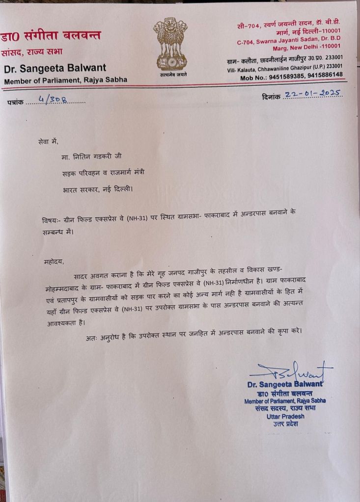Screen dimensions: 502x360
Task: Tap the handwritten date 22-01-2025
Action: coord(313,94)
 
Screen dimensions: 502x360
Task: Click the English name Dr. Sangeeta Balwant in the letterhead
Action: coord(55,68)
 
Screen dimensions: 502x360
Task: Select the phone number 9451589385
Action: coord(286,75)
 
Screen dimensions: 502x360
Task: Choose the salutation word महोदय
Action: coord(54,262)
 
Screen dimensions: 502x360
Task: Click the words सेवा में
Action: coord(48,141)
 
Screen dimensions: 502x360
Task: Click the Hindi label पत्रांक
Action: coord(15,102)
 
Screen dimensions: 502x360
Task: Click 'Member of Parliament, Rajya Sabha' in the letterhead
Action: coord(65,80)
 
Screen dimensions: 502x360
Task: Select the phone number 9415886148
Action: coord(324,75)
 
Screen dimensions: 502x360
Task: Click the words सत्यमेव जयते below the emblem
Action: coord(173,75)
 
